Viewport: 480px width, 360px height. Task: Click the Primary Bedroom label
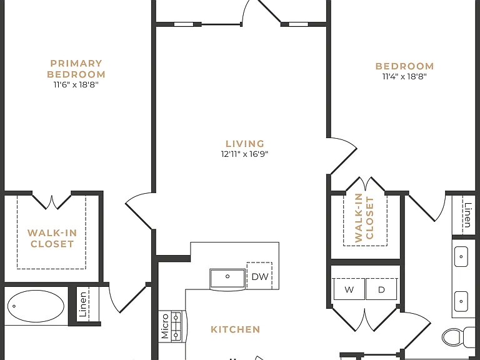pyautogui.click(x=76, y=69)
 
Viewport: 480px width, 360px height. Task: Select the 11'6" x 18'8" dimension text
pyautogui.click(x=76, y=84)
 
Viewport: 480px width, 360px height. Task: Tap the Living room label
pyautogui.click(x=245, y=144)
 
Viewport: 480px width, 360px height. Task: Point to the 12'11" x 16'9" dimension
pyautogui.click(x=244, y=154)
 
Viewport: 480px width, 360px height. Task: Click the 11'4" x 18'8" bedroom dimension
pyautogui.click(x=404, y=76)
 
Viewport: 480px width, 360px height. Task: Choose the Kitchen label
pyautogui.click(x=236, y=329)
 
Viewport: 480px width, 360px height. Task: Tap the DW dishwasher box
pyautogui.click(x=259, y=276)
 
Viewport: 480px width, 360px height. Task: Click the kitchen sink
pyautogui.click(x=227, y=279)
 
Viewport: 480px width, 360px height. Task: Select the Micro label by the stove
pyautogui.click(x=165, y=326)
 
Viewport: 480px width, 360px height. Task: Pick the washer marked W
pyautogui.click(x=349, y=289)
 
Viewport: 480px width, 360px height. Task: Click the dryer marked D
pyautogui.click(x=381, y=289)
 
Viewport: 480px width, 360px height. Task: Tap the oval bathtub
pyautogui.click(x=36, y=306)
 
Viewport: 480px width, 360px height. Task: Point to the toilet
pyautogui.click(x=458, y=337)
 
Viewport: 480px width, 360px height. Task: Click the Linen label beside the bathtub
pyautogui.click(x=83, y=304)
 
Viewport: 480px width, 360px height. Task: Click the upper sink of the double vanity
pyautogui.click(x=461, y=256)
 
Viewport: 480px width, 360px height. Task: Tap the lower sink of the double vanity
pyautogui.click(x=461, y=301)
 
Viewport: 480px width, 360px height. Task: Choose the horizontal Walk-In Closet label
pyautogui.click(x=52, y=238)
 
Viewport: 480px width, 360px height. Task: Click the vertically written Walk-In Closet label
pyautogui.click(x=364, y=218)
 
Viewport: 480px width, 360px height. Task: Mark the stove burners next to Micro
pyautogui.click(x=176, y=326)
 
